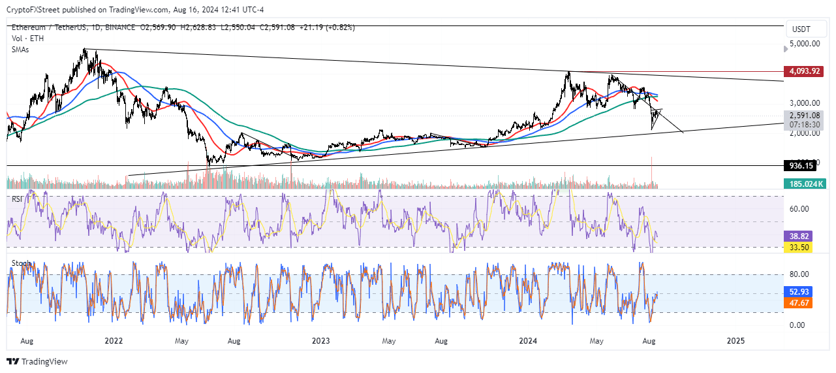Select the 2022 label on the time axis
point(114,340)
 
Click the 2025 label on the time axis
point(735,340)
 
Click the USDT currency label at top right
point(801,29)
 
